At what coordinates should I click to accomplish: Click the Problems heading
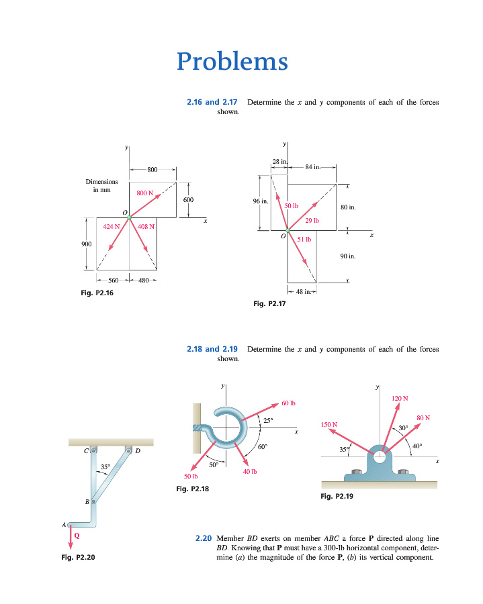(232, 62)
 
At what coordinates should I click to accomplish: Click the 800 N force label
(145, 193)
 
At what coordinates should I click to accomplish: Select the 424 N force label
(112, 226)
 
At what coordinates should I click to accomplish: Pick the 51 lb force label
(304, 239)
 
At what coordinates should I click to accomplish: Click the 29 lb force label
(312, 220)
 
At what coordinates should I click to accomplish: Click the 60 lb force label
(289, 403)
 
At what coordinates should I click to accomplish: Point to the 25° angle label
(267, 421)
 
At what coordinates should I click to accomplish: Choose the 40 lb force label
(250, 471)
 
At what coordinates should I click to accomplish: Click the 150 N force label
(329, 425)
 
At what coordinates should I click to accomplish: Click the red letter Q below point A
(77, 536)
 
